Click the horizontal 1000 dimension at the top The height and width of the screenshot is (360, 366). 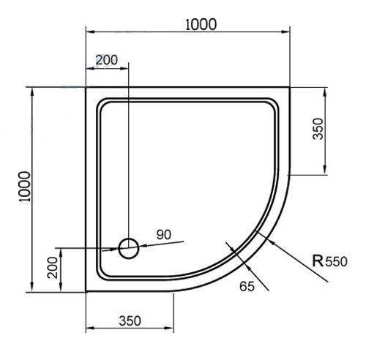pyautogui.click(x=201, y=24)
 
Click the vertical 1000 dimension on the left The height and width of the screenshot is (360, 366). pyautogui.click(x=25, y=187)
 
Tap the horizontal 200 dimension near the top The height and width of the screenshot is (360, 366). pyautogui.click(x=107, y=60)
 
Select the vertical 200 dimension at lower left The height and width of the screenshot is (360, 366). pyautogui.click(x=53, y=268)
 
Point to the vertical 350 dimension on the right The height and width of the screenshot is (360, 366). pyautogui.click(x=318, y=129)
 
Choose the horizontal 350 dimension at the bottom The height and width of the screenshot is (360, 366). pyautogui.click(x=130, y=320)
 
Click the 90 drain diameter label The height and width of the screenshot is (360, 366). pyautogui.click(x=164, y=235)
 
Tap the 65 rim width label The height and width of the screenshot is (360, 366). pyautogui.click(x=247, y=286)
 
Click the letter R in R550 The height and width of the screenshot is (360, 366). pyautogui.click(x=318, y=260)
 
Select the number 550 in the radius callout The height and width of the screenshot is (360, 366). pyautogui.click(x=336, y=262)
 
